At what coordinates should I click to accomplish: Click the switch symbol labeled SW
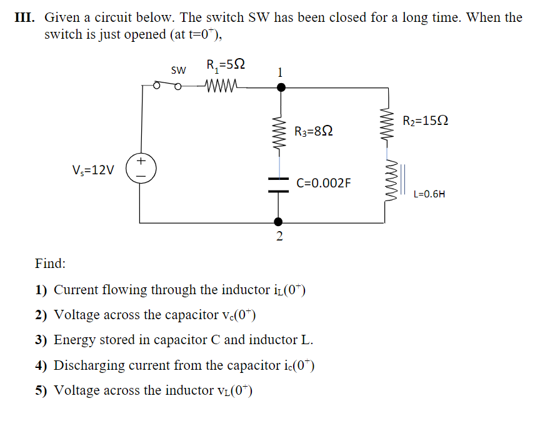coord(168,86)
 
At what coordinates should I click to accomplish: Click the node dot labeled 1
coord(281,87)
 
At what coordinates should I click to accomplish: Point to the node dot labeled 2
coord(279,222)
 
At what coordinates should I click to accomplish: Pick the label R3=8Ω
coord(313,131)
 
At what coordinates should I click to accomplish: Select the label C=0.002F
coord(324,183)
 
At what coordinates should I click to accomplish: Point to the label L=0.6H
coord(429,194)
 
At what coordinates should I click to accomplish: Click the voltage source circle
coord(141,169)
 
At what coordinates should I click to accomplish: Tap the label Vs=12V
coord(94,170)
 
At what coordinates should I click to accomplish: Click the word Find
coord(51,263)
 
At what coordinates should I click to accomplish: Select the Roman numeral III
coord(25,17)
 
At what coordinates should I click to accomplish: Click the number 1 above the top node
coord(280,72)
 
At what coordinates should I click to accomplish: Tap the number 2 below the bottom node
coord(279,236)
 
